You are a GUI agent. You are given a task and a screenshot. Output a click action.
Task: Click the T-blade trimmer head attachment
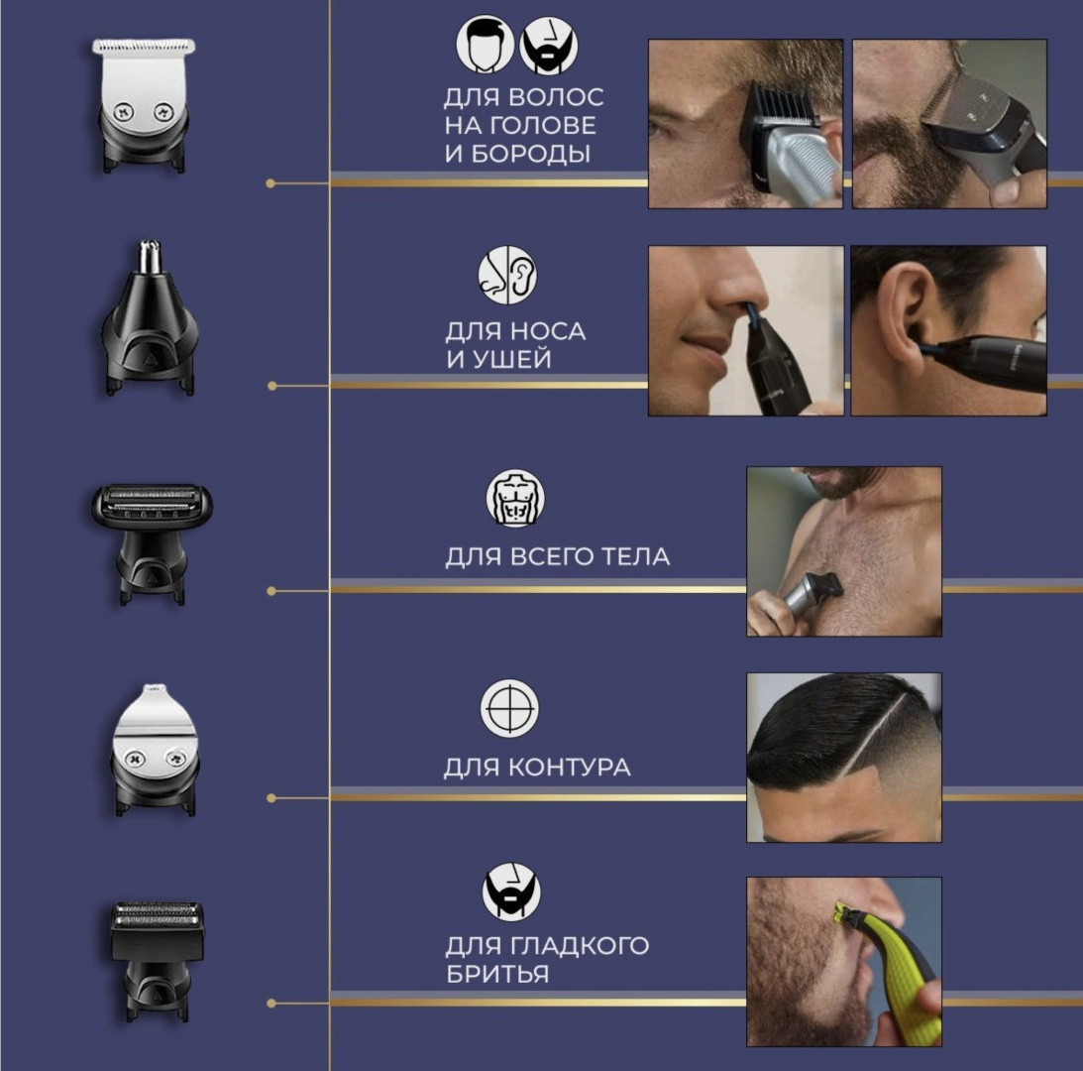(x=144, y=105)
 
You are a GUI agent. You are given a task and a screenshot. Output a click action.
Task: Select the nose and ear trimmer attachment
(x=151, y=318)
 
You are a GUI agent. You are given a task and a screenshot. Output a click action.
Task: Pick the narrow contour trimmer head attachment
(x=155, y=750)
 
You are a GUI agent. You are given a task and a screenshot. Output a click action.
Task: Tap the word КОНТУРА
(x=569, y=767)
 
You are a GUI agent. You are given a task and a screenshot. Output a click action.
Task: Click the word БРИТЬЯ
(x=497, y=974)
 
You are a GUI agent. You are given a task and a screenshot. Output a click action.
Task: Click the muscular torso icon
(x=515, y=498)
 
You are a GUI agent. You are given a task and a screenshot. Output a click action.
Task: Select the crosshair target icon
(x=509, y=709)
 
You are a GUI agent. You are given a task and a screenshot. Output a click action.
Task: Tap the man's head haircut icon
(x=485, y=45)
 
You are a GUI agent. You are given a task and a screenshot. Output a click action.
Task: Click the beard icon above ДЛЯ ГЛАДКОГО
(x=511, y=892)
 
